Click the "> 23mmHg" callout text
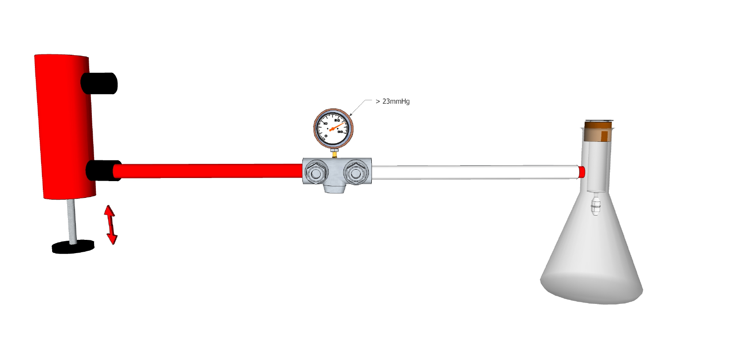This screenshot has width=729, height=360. click(x=393, y=101)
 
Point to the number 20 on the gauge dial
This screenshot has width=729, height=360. click(x=337, y=120)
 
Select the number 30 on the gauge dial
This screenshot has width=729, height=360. click(x=340, y=132)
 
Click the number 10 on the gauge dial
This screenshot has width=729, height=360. click(x=325, y=124)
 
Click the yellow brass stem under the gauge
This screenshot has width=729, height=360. click(x=334, y=153)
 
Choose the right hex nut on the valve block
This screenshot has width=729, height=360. click(x=355, y=172)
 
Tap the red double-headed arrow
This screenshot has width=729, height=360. click(x=110, y=224)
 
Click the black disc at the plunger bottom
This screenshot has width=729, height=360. click(x=73, y=246)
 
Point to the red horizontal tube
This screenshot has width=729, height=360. click(x=208, y=171)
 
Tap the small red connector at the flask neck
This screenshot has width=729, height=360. click(x=582, y=172)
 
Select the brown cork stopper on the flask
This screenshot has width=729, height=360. click(x=598, y=132)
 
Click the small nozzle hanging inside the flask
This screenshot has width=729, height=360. click(x=596, y=205)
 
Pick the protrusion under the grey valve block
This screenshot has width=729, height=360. click(x=334, y=188)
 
